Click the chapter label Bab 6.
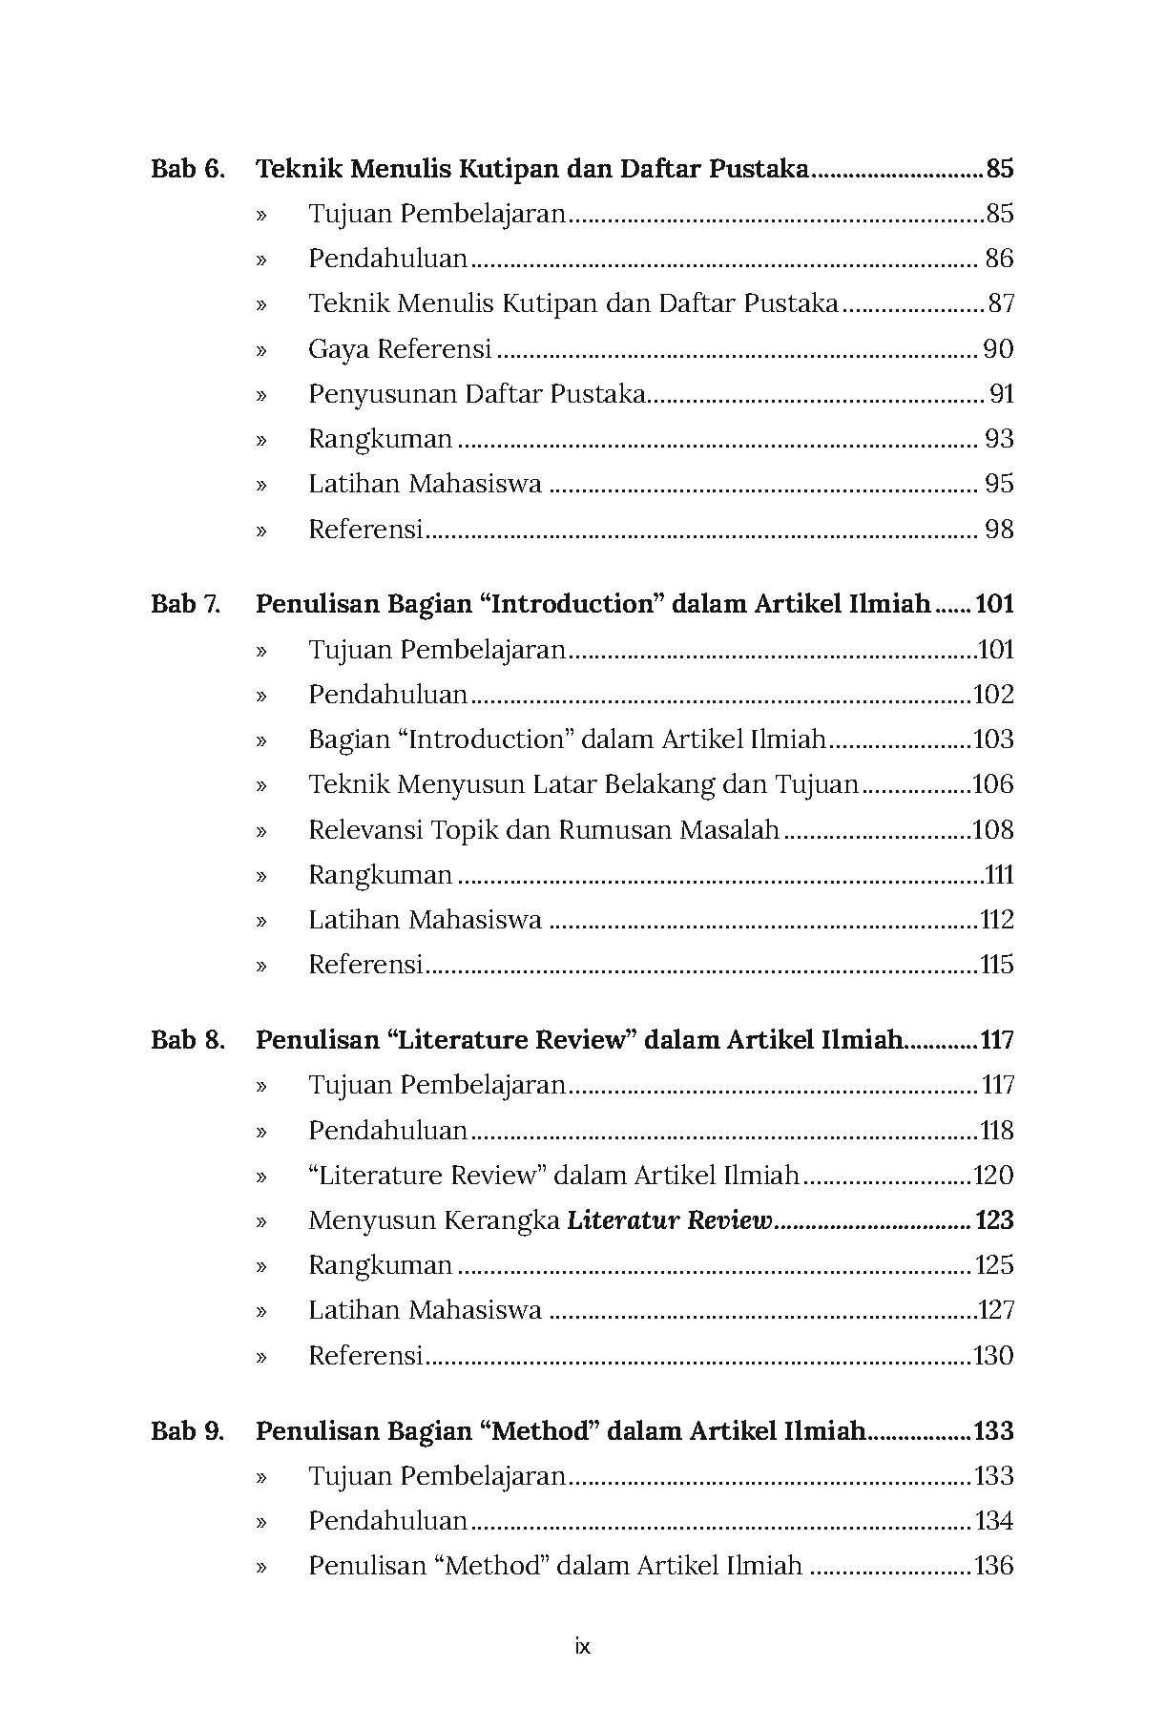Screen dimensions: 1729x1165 point(188,170)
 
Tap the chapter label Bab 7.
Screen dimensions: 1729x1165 point(185,605)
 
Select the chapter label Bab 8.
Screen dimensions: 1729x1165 point(188,1040)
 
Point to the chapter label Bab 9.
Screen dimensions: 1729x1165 point(188,1431)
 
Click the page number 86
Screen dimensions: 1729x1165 point(998,260)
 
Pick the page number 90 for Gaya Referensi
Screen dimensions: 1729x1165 point(998,349)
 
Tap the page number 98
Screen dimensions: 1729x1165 point(998,530)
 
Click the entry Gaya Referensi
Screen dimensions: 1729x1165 point(400,349)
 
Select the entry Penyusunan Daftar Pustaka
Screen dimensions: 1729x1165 point(477,394)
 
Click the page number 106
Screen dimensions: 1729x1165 point(992,785)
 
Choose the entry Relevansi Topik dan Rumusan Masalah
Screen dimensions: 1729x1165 point(544,830)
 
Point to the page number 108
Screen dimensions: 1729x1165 point(992,830)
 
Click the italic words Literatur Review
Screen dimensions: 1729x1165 point(669,1221)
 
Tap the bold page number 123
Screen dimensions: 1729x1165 point(993,1221)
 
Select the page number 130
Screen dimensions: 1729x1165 point(992,1356)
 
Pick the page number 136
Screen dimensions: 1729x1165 point(992,1566)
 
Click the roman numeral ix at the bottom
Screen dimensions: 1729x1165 point(583,1646)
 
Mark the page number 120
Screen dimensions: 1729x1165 point(992,1176)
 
